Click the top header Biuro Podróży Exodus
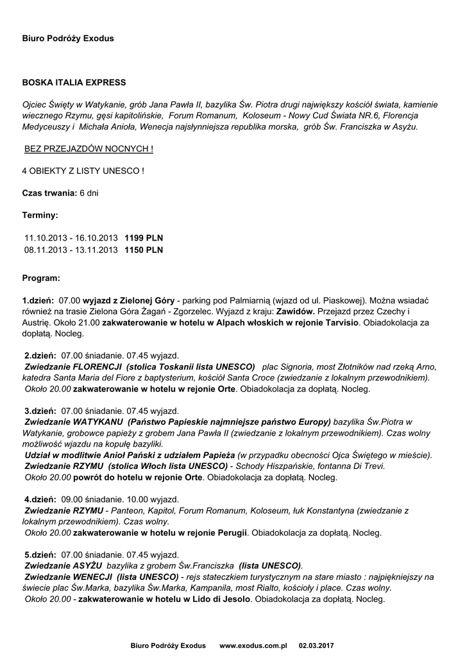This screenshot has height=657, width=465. [68, 38]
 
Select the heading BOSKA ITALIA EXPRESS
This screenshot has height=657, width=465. [74, 83]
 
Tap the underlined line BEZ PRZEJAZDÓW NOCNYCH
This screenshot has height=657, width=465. [89, 149]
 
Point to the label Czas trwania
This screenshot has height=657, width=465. [49, 192]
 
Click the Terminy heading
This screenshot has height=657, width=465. [40, 215]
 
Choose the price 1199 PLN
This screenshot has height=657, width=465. [144, 237]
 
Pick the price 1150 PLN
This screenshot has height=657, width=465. [144, 250]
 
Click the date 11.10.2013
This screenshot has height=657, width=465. [44, 237]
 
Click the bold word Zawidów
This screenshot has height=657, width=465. [295, 311]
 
